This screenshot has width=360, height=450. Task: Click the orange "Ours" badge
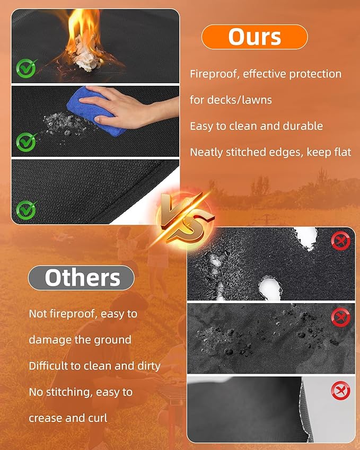point(254,37)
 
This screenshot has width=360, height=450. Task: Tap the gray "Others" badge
point(81,278)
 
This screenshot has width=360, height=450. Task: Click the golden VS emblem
point(186,218)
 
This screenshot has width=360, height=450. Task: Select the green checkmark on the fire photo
point(27,68)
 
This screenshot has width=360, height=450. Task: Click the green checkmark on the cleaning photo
point(27,142)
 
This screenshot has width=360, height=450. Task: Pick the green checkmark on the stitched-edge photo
point(27,210)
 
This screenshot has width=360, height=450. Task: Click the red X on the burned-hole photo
point(341,241)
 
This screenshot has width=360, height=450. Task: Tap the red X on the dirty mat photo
point(341,317)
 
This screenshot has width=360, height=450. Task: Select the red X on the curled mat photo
point(341,390)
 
